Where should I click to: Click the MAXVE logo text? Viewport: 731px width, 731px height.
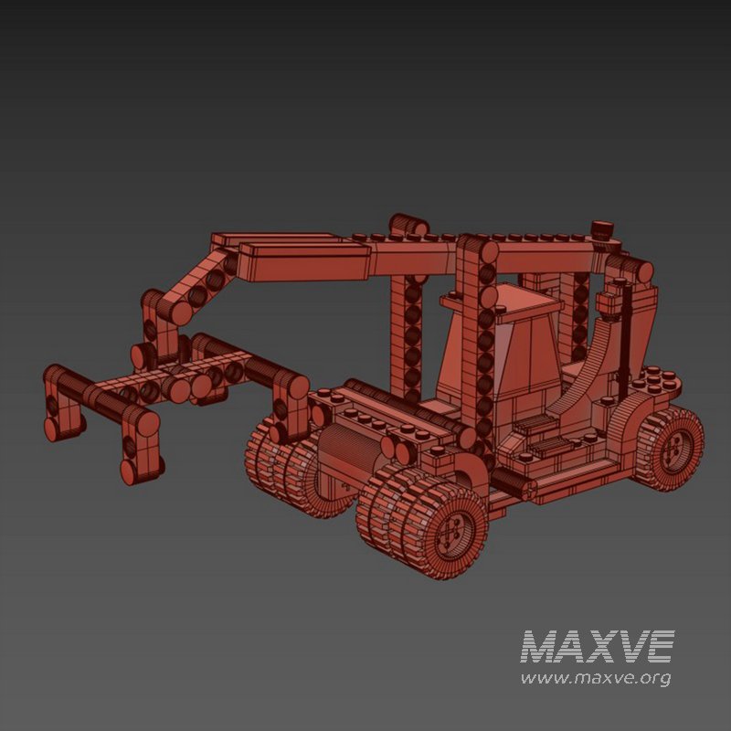598,647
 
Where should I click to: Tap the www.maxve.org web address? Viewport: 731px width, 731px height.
596,678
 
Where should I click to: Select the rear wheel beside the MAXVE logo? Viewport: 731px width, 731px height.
672,448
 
